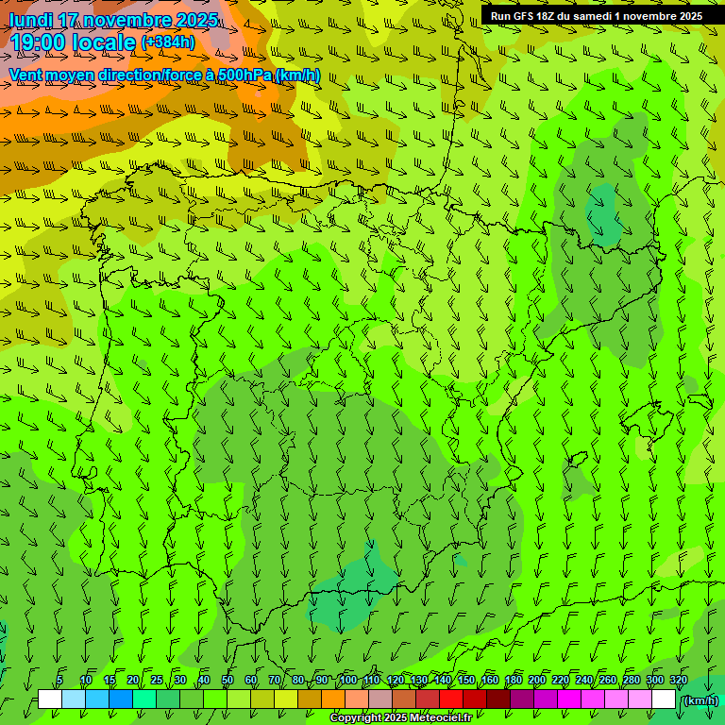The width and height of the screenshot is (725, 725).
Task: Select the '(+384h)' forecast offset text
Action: pyautogui.click(x=168, y=42)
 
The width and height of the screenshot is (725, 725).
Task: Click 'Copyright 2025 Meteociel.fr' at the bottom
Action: pyautogui.click(x=401, y=718)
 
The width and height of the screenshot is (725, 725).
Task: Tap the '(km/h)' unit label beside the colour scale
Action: pyautogui.click(x=700, y=700)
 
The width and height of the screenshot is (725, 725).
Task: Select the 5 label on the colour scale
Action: pyautogui.click(x=59, y=681)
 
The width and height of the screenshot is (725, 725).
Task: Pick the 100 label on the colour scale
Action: pyautogui.click(x=347, y=681)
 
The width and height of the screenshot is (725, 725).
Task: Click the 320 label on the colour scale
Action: pyautogui.click(x=679, y=681)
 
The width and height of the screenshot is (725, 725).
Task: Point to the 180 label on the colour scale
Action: pyautogui.click(x=513, y=681)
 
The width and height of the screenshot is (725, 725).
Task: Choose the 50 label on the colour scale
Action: pyautogui.click(x=228, y=681)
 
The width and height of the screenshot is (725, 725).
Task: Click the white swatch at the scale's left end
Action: pyautogui.click(x=50, y=700)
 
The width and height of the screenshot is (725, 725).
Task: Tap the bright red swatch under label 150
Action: pyautogui.click(x=451, y=700)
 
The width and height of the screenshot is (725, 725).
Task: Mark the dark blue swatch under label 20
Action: pyautogui.click(x=121, y=700)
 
